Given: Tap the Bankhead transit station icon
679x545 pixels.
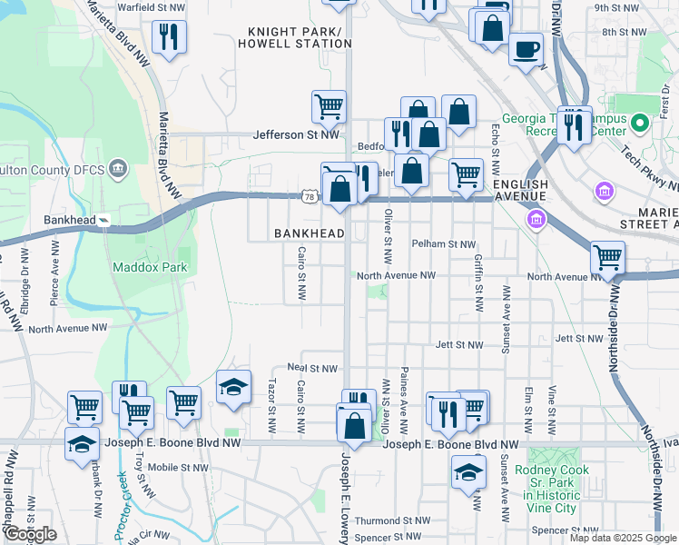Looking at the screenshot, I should click(x=104, y=220).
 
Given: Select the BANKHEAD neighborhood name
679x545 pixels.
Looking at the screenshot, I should click(x=310, y=233).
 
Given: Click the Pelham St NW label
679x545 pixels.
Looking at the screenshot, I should click(x=443, y=244).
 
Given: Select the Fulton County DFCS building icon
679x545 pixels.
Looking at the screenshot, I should click(x=118, y=168).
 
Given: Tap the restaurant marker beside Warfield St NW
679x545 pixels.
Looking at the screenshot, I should click(x=169, y=36).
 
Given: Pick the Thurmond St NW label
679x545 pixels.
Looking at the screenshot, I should click(x=391, y=520).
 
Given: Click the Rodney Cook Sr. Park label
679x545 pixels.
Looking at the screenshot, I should click(x=546, y=489).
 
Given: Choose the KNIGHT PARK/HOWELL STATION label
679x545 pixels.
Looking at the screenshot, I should click(x=295, y=37).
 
